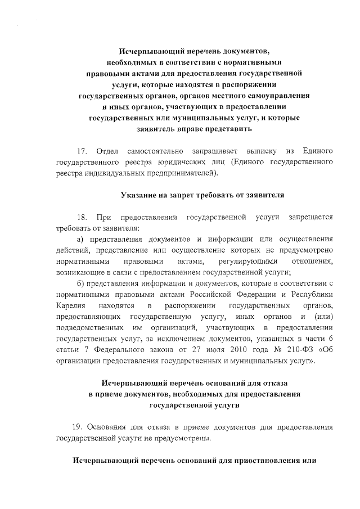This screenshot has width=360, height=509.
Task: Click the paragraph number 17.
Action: click(x=82, y=152)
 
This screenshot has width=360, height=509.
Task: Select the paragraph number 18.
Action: click(x=82, y=217)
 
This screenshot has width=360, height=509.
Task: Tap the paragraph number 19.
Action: click(x=79, y=427)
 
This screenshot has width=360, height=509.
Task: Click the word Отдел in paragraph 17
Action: click(x=107, y=152)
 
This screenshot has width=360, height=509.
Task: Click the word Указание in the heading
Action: click(x=141, y=195)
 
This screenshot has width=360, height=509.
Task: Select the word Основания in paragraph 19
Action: click(x=112, y=427)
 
